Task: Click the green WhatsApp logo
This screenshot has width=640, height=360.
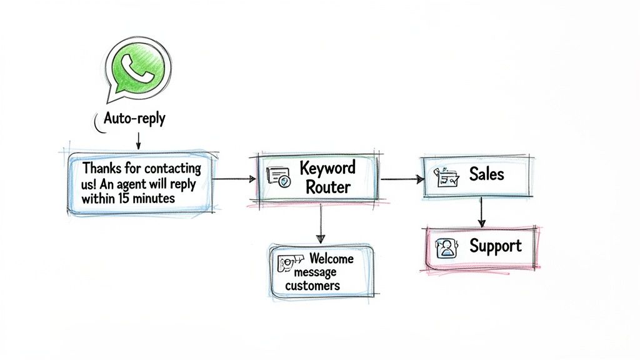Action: click(x=138, y=66)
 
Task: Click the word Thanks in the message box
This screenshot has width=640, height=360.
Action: click(x=103, y=169)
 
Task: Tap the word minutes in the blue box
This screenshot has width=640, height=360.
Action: click(x=154, y=199)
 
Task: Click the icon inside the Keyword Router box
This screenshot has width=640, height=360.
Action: click(x=279, y=177)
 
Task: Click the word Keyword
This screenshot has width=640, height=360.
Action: click(x=327, y=167)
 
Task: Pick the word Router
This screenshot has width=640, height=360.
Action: click(x=329, y=186)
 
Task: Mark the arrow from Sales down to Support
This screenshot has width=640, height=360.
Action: click(x=481, y=212)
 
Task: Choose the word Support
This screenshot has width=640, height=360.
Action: click(x=496, y=246)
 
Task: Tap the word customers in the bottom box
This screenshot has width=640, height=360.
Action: click(x=312, y=286)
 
